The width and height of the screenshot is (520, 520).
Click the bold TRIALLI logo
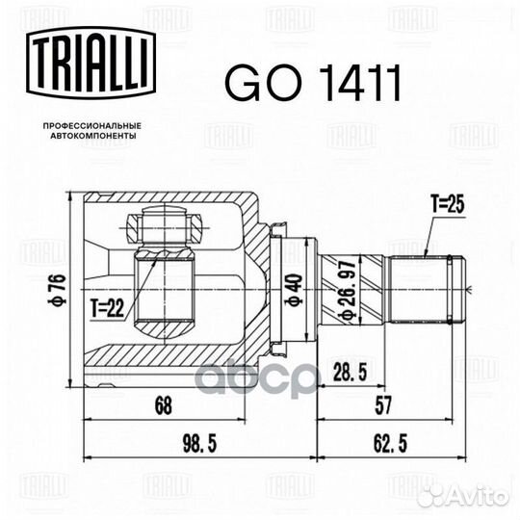pos(91,63)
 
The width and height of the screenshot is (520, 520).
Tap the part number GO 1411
pos(313,83)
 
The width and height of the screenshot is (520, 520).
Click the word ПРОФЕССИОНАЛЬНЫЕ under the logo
pos(92,126)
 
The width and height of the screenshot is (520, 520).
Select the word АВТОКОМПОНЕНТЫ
pos(92,136)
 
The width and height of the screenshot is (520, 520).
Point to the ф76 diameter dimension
pos(61,289)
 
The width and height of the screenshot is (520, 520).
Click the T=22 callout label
pos(108,307)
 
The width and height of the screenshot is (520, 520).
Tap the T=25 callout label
pos(448,203)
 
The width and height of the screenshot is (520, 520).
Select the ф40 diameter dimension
pos(294,289)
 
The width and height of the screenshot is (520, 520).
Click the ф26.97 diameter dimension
pos(349,290)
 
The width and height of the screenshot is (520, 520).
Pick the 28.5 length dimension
pos(350,372)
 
